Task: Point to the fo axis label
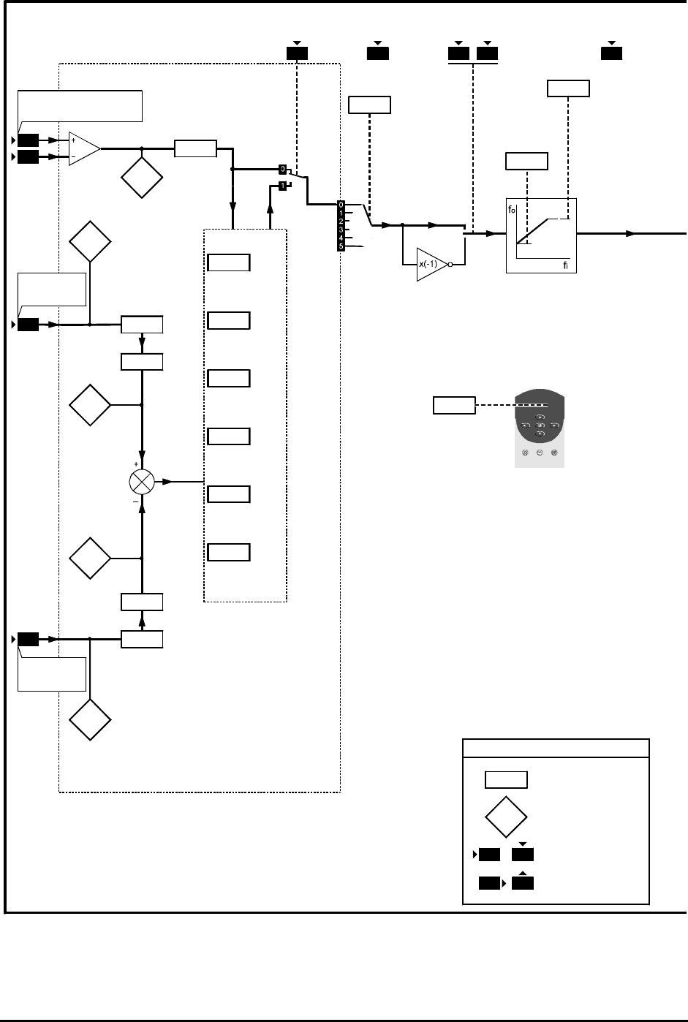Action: tap(512, 210)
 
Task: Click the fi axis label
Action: tap(565, 265)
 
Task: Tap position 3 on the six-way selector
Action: tap(341, 230)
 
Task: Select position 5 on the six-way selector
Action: tap(341, 246)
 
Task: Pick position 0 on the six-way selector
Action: tap(341, 205)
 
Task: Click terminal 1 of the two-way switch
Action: tap(282, 186)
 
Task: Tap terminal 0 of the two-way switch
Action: tap(282, 170)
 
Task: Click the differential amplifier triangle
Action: tap(84, 148)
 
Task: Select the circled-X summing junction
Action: tap(142, 482)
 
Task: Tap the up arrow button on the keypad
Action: tap(540, 417)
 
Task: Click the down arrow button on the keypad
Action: tap(540, 434)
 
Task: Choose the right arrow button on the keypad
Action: tap(554, 425)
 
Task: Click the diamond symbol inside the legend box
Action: tap(506, 817)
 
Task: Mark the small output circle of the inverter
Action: tap(450, 265)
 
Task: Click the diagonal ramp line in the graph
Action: tap(532, 231)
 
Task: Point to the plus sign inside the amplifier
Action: tap(73, 140)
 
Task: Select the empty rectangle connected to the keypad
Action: tap(454, 405)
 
